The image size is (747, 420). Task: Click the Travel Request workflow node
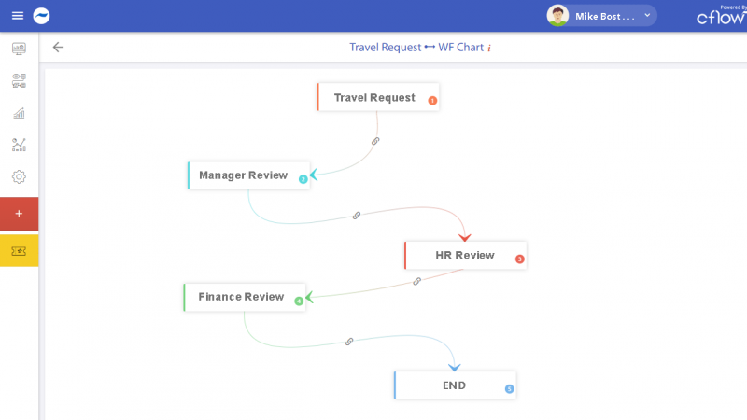374,98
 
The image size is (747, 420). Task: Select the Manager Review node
243,175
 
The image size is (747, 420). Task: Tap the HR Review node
464,256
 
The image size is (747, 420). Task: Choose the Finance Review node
241,297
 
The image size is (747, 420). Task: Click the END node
454,385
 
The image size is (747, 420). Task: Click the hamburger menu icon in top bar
17,16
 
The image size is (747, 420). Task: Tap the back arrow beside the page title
58,47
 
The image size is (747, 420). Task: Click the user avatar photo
557,16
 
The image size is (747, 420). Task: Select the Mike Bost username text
604,17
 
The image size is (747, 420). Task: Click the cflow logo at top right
720,17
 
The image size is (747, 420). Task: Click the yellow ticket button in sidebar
19,251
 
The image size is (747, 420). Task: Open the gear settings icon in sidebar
19,176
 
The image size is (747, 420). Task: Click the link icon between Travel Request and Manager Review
375,141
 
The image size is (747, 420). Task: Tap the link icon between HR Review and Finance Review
416,280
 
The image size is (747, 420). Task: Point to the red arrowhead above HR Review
464,237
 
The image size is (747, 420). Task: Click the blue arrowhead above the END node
453,367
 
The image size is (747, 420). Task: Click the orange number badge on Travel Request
432,101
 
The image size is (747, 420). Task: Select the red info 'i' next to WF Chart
489,48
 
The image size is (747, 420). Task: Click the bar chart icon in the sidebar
19,113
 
